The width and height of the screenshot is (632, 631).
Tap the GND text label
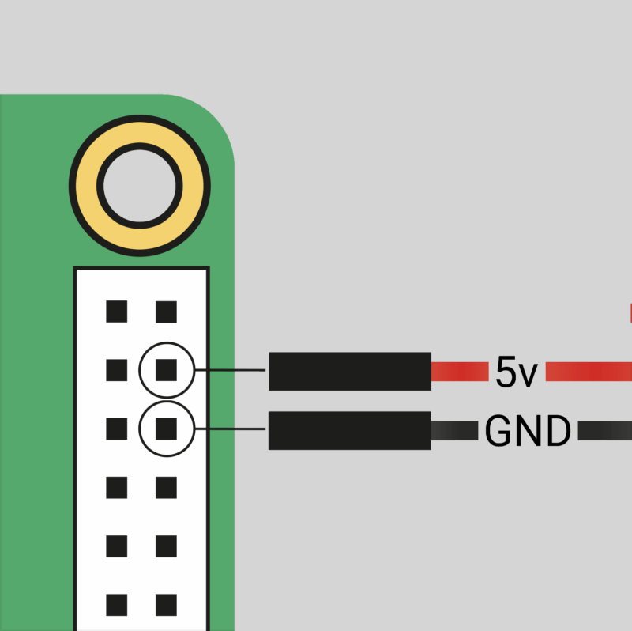tap(527, 431)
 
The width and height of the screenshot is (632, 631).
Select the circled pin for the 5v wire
tap(166, 369)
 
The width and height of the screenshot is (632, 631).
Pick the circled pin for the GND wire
tap(166, 429)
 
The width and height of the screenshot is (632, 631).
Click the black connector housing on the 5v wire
tap(349, 372)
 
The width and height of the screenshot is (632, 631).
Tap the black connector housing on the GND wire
tap(349, 430)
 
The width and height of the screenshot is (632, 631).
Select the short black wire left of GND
tap(454, 431)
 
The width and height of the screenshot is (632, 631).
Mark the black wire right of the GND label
tap(605, 431)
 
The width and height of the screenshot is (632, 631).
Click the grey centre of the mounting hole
tap(139, 185)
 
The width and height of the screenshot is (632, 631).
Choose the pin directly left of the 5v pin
tap(117, 369)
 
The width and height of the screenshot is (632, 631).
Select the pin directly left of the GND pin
tap(117, 429)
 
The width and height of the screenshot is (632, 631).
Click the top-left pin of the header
tap(117, 312)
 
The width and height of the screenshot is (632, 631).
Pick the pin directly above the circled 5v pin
tap(166, 312)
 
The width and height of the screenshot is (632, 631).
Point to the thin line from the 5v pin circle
tap(229, 370)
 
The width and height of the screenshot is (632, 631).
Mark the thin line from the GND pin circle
tap(229, 429)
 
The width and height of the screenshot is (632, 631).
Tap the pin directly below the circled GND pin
tap(166, 488)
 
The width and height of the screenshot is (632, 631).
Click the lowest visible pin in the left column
tap(117, 605)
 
